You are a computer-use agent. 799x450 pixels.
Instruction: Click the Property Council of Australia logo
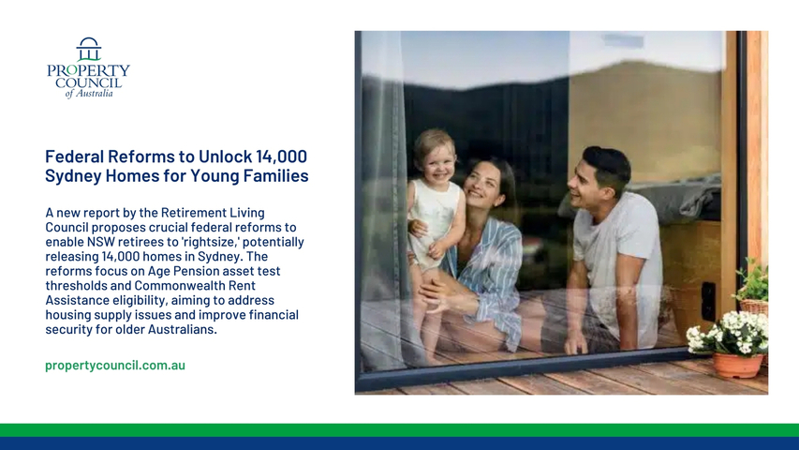point(88,67)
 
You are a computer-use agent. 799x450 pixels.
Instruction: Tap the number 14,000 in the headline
point(281,157)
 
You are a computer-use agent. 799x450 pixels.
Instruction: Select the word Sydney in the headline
point(73,176)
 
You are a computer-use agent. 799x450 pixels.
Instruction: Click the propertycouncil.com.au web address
point(115,366)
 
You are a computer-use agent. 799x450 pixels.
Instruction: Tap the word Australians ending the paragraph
point(183,330)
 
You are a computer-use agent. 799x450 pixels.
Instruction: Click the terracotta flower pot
point(737,366)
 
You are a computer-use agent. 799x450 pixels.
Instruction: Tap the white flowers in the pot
point(728,333)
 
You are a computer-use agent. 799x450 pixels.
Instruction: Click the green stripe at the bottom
point(399,430)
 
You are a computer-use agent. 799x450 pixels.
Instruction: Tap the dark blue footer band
point(399,443)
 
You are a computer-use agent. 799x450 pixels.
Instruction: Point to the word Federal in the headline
point(74,157)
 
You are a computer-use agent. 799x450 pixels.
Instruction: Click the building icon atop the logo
point(89,49)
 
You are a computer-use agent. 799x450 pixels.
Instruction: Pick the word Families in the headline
point(275,176)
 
